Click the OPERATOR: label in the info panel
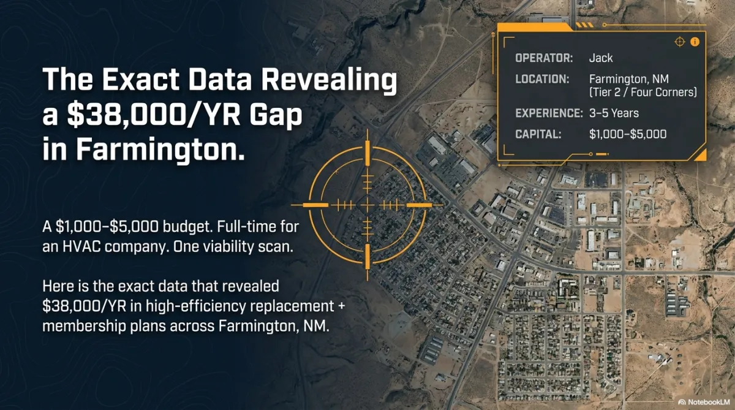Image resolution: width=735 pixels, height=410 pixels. pyautogui.click(x=544, y=58)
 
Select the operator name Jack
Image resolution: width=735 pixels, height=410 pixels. pyautogui.click(x=601, y=58)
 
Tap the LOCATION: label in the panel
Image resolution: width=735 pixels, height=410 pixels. pyautogui.click(x=542, y=79)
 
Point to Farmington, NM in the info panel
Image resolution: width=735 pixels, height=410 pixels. pyautogui.click(x=628, y=79)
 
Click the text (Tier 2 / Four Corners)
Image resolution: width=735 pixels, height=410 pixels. pyautogui.click(x=643, y=93)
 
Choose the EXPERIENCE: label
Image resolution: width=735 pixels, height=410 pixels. pyautogui.click(x=549, y=113)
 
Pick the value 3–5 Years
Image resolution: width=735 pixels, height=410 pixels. pyautogui.click(x=614, y=113)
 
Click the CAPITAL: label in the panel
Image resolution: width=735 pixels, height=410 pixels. pyautogui.click(x=538, y=134)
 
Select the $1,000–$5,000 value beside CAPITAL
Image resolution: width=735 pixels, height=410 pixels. pyautogui.click(x=628, y=134)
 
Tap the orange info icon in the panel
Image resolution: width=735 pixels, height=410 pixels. pyautogui.click(x=695, y=42)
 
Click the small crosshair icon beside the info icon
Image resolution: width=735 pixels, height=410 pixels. pyautogui.click(x=679, y=42)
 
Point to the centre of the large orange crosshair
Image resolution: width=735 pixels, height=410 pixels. pyautogui.click(x=367, y=205)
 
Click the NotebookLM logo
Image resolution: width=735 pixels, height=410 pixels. pyautogui.click(x=704, y=402)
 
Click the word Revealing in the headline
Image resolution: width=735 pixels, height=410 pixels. pyautogui.click(x=329, y=80)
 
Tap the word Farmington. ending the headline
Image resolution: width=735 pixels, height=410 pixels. pyautogui.click(x=160, y=150)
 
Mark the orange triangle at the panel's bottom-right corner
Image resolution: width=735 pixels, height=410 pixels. pyautogui.click(x=701, y=156)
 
